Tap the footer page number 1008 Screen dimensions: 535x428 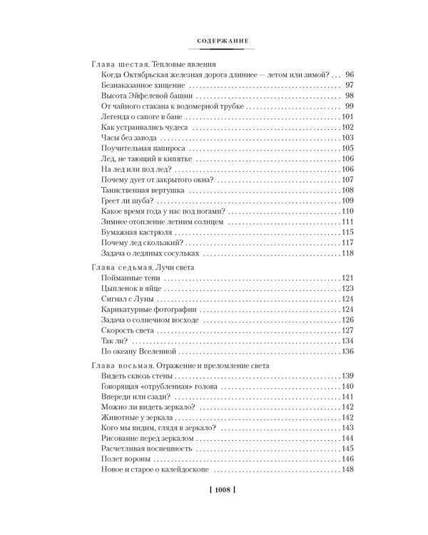pos(213,491)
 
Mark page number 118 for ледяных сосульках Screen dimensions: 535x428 pos(347,253)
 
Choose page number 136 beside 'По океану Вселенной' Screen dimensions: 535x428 pos(347,351)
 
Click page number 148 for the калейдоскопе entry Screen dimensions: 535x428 pos(347,469)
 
